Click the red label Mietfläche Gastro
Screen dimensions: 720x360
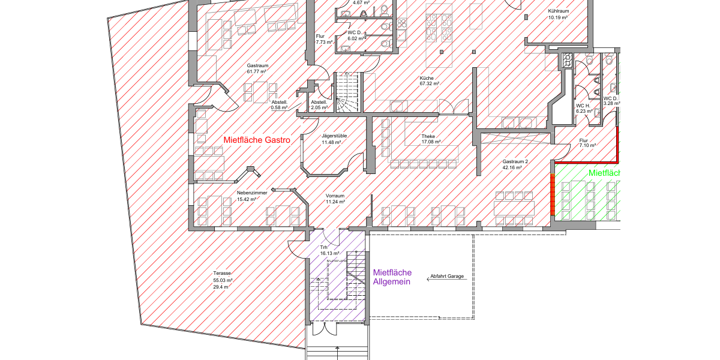pos(257,140)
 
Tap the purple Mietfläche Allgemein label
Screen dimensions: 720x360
pos(392,277)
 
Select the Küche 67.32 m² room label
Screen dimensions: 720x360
pos(430,80)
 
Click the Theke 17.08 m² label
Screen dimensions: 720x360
pos(431,139)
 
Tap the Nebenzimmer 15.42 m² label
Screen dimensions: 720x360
pos(252,196)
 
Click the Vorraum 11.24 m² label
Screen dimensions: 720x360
pos(335,199)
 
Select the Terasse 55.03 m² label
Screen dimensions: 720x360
pos(223,280)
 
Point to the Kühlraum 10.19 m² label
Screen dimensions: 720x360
pos(559,14)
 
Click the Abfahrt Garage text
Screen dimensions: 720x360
pos(447,276)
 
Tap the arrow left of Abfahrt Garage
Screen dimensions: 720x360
pos(447,279)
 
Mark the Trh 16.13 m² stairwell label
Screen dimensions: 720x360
pos(329,250)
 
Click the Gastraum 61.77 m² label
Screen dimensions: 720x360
pos(257,68)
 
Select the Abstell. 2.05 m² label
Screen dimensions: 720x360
pos(319,105)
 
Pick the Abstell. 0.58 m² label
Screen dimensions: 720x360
pos(280,105)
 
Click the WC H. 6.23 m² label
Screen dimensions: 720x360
pos(584,109)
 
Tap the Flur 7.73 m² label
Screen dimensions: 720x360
pos(324,39)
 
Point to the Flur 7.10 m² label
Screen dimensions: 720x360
pos(587,143)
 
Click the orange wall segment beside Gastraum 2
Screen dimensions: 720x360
pos(553,194)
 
